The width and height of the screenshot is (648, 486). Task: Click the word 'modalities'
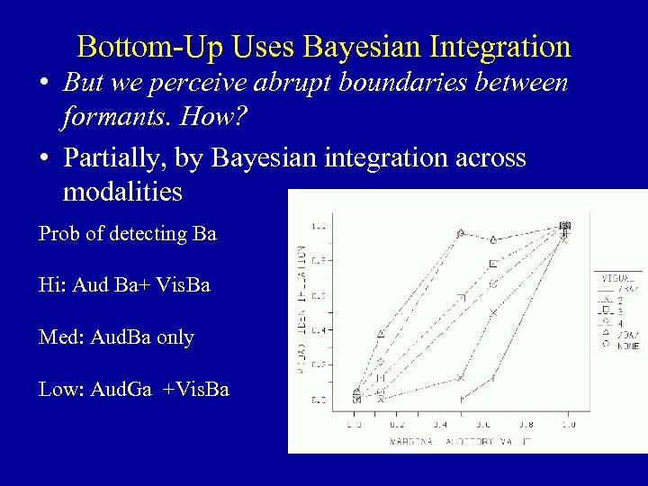(122, 192)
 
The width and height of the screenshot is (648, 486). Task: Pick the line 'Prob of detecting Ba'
(128, 234)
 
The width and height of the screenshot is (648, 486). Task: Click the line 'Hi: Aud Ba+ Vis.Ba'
(124, 285)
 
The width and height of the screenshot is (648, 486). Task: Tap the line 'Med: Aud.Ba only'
(116, 337)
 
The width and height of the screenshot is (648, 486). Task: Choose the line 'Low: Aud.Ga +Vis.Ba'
(134, 390)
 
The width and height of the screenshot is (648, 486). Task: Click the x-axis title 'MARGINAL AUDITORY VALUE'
(460, 442)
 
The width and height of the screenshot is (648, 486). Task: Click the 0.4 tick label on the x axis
(441, 422)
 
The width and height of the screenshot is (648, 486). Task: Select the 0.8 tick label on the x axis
(526, 422)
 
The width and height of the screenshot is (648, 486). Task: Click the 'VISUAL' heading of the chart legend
(617, 278)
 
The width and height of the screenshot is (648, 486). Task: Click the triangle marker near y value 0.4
(380, 334)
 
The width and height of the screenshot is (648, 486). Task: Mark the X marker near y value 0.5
(493, 312)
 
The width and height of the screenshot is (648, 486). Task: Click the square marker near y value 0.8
(493, 264)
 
